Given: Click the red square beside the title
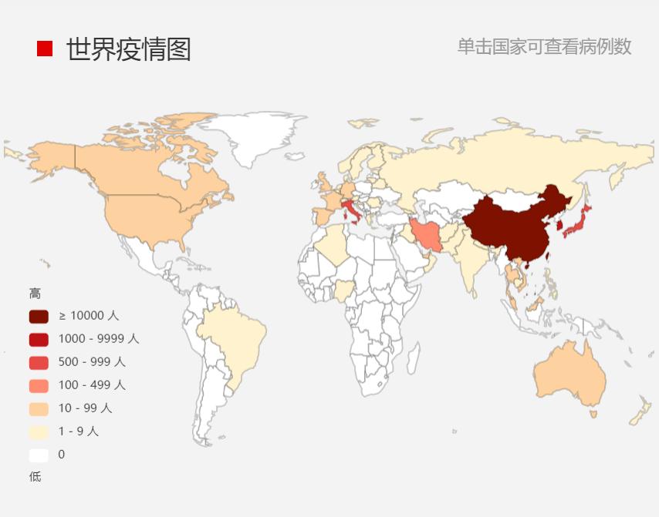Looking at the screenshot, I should coord(45,49).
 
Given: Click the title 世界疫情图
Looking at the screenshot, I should coord(128,49).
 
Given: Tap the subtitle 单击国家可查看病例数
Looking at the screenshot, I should coord(544,47).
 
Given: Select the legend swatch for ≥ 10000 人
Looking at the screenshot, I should coord(39,316).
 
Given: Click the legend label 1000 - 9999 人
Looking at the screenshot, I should coord(99,339).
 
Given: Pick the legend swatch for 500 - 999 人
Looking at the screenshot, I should coord(39,362).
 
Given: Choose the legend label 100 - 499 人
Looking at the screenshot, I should coord(92,385).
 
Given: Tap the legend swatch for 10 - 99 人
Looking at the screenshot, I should coord(39,408).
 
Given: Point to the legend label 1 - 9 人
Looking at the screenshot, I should coord(79,431).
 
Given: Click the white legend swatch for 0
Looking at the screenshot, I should coord(39,455).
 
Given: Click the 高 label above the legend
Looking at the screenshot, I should coord(35,294).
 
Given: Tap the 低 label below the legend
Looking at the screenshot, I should coord(35,477).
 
